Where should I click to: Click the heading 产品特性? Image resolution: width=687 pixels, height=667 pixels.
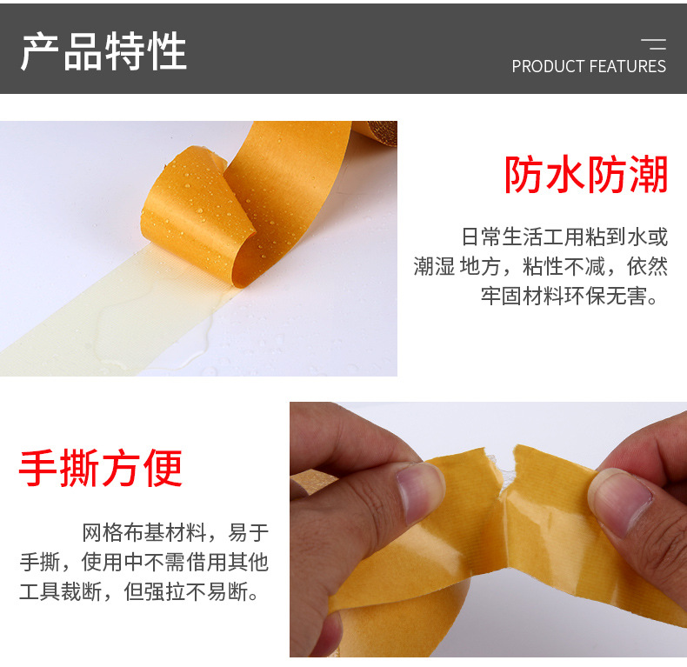[103, 51]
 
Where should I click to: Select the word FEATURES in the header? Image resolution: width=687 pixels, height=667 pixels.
[628, 66]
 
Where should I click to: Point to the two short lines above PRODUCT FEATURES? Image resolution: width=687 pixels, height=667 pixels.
[653, 44]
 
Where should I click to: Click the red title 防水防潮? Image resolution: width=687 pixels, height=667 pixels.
[586, 175]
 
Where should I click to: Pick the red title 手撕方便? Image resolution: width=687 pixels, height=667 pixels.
[101, 468]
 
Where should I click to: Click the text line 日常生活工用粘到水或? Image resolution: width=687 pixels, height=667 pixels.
[564, 237]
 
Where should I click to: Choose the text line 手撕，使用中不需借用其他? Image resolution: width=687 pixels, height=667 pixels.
[144, 563]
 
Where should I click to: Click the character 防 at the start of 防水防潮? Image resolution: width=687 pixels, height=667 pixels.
[525, 175]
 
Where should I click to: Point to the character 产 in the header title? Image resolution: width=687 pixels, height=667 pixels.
[41, 51]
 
